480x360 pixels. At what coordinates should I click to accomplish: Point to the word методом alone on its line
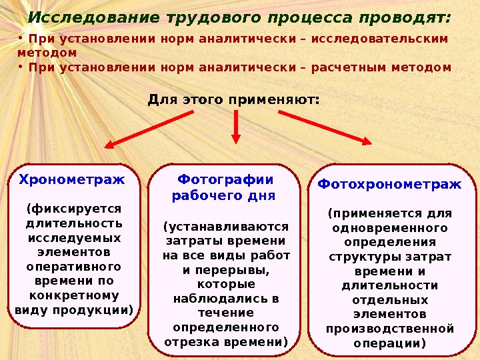click(x=47, y=52)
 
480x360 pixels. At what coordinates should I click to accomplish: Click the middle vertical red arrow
click(x=236, y=127)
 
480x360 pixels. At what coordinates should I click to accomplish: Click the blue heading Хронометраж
click(x=71, y=179)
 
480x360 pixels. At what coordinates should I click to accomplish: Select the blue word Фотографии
click(x=226, y=179)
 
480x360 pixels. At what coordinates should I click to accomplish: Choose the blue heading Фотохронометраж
click(x=389, y=184)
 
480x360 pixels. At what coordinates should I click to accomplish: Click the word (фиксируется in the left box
click(x=74, y=209)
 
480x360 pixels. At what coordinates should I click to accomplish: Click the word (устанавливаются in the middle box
click(x=226, y=227)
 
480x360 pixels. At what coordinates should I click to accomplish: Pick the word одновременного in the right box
click(x=389, y=228)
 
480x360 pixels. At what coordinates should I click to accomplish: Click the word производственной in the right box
click(x=389, y=329)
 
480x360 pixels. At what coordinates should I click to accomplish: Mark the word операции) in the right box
click(x=389, y=343)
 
